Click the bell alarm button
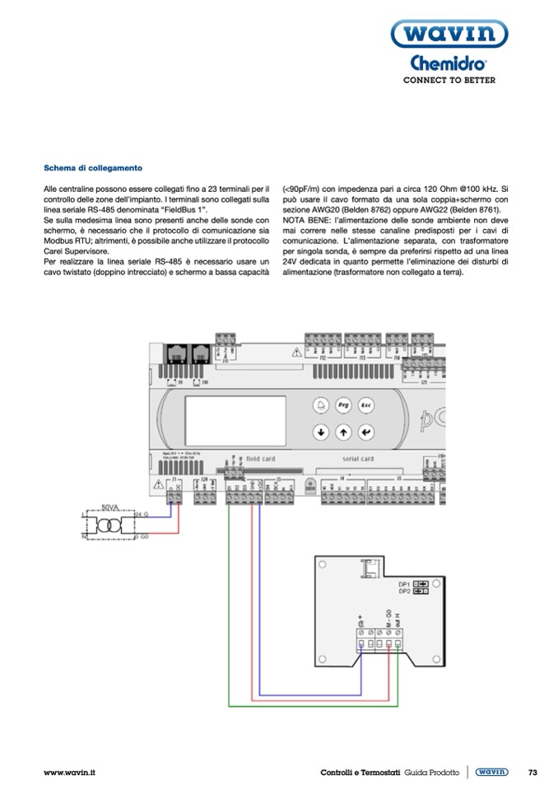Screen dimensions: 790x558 pyautogui.click(x=320, y=406)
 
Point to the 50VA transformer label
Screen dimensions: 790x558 pyautogui.click(x=110, y=507)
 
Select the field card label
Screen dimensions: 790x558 pyautogui.click(x=260, y=458)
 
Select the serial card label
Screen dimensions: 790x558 pyautogui.click(x=358, y=458)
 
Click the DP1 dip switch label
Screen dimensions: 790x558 pyautogui.click(x=404, y=582)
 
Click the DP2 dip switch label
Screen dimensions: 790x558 pyautogui.click(x=404, y=591)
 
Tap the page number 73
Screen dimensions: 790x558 pyautogui.click(x=532, y=772)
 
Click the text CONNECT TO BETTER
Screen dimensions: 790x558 pyautogui.click(x=449, y=80)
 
